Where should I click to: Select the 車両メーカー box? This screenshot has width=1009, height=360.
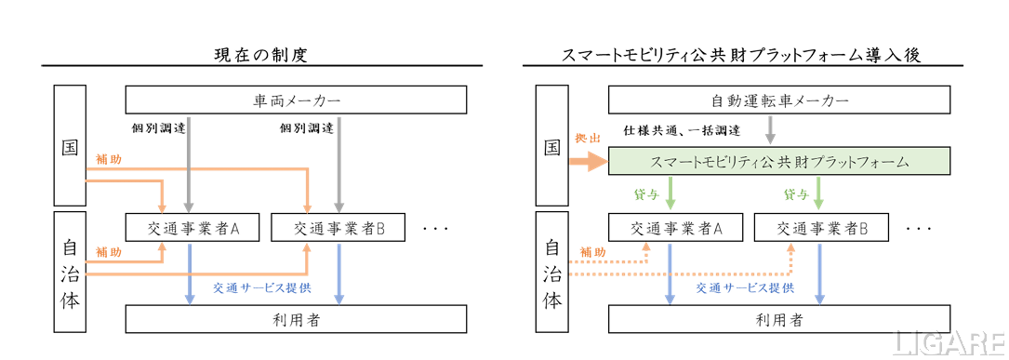296,100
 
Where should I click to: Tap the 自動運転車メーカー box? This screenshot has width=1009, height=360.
778,100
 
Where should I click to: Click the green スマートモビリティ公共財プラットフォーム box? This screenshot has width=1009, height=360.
778,162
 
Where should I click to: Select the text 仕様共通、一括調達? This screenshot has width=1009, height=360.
682,130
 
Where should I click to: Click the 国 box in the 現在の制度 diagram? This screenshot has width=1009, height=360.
70,145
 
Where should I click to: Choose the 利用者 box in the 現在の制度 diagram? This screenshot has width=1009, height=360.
296,319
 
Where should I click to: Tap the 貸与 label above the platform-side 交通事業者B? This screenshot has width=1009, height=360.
796,194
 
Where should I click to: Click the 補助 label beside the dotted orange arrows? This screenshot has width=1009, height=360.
591,251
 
